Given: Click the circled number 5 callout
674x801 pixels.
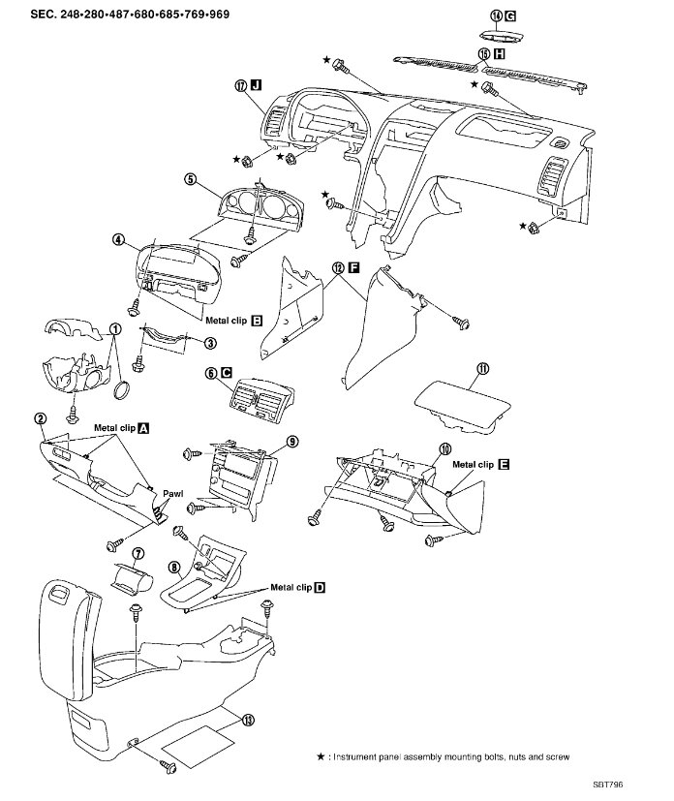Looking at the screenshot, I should [191, 179].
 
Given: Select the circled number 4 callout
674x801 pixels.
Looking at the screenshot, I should [117, 239].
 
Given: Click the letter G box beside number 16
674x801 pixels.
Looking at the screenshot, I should [510, 16].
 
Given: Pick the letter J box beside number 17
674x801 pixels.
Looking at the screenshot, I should [257, 84].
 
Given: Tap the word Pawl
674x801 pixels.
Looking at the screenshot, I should [173, 493].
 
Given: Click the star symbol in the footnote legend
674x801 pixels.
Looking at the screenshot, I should [321, 758].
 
